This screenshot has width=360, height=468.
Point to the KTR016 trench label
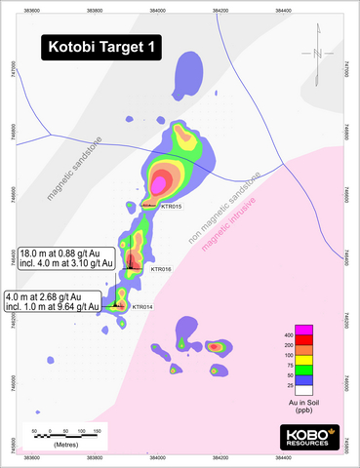point(160,268)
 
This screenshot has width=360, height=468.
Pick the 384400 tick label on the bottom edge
point(284,455)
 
